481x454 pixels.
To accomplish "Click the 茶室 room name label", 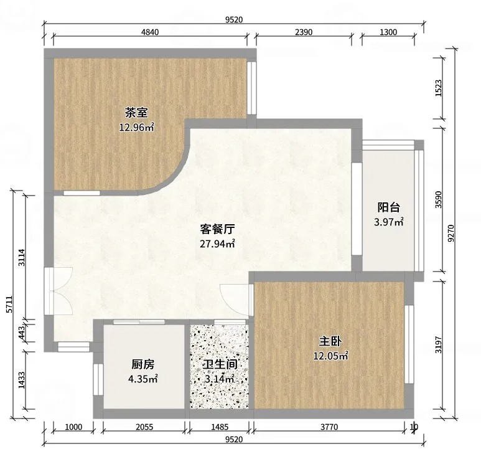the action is pyautogui.click(x=136, y=112).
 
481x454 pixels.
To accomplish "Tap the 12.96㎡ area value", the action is pyautogui.click(x=136, y=127).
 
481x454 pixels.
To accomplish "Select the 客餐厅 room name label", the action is pyautogui.click(x=218, y=229).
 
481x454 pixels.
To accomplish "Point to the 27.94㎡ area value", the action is pyautogui.click(x=218, y=244).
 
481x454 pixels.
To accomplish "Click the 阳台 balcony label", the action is pyautogui.click(x=389, y=207).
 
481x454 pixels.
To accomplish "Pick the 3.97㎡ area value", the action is pyautogui.click(x=389, y=222).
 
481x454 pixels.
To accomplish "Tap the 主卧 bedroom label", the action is pyautogui.click(x=330, y=341).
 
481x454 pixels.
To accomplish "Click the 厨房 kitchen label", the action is pyautogui.click(x=142, y=364).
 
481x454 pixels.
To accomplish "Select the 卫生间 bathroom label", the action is pyautogui.click(x=220, y=364).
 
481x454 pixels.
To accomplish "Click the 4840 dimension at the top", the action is pyautogui.click(x=150, y=32).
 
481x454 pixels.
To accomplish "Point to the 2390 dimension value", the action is pyautogui.click(x=304, y=32).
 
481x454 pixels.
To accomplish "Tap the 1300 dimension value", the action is pyautogui.click(x=388, y=32).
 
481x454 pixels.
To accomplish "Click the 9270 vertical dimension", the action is pyautogui.click(x=451, y=233).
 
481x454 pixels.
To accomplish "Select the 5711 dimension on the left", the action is pyautogui.click(x=9, y=304).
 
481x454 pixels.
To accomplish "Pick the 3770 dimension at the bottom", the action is pyautogui.click(x=329, y=427).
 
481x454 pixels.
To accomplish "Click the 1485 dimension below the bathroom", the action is pyautogui.click(x=220, y=427).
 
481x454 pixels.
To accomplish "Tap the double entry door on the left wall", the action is pyautogui.click(x=58, y=291).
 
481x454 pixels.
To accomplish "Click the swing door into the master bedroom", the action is pyautogui.click(x=237, y=300).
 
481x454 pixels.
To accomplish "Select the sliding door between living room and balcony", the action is pyautogui.click(x=357, y=209).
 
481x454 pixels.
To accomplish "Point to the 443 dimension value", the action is pyautogui.click(x=22, y=333).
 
